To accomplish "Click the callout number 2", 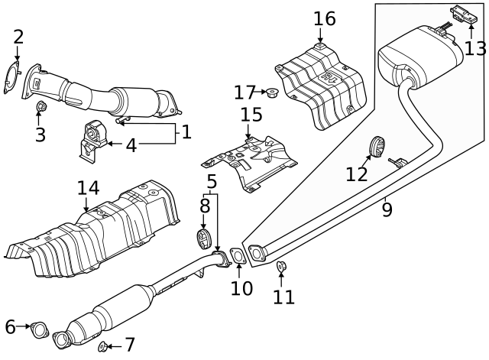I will (18, 36).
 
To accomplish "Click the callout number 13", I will (474, 47).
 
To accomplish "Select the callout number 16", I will (324, 18).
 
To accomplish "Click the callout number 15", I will (251, 115).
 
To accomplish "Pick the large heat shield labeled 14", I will (92, 229).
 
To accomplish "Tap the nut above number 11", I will (280, 267).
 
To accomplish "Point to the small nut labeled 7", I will (102, 347).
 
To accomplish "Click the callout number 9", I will (387, 208).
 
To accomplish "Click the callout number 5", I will (212, 182).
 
